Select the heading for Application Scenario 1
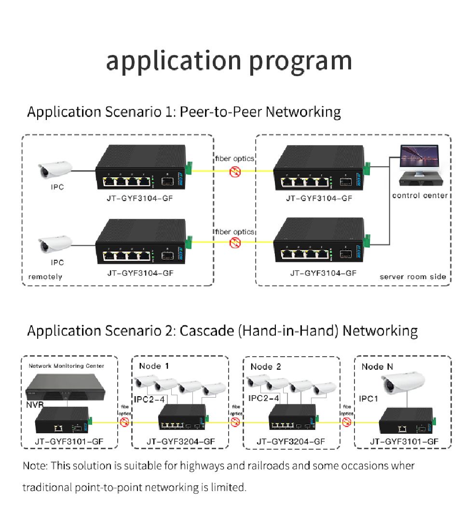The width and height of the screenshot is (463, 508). [184, 112]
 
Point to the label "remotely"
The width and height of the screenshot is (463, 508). [45, 277]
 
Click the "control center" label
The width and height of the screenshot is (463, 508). [420, 195]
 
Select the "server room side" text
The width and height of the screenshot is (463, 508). [412, 277]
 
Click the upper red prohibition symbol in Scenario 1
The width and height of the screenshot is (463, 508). [235, 172]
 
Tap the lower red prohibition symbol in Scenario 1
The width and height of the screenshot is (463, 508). [235, 244]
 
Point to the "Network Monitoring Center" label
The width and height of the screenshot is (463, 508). [66, 366]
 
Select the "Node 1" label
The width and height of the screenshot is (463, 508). [154, 366]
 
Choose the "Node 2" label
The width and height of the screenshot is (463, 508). [265, 367]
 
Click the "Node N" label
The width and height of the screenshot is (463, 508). [377, 367]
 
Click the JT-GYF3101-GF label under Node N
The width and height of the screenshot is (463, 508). [404, 441]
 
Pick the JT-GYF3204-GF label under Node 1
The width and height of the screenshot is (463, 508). [181, 441]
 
